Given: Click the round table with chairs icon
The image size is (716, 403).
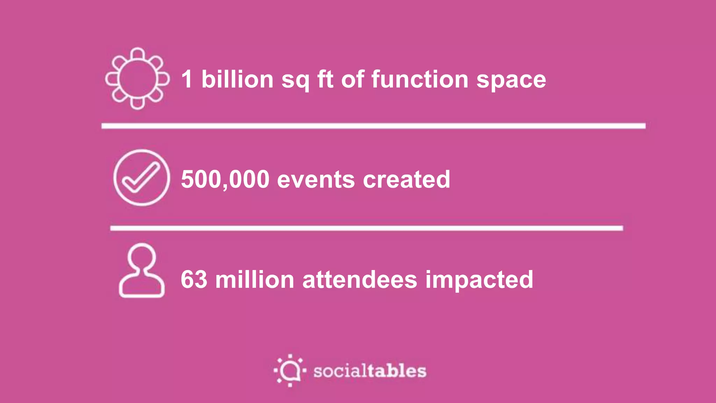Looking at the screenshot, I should point(137,79).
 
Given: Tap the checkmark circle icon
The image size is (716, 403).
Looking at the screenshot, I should point(142,178).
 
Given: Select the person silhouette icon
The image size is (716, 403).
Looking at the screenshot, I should point(142,271).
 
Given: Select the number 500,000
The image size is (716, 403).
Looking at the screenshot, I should point(225,179).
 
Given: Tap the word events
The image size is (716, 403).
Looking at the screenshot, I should point(316,180).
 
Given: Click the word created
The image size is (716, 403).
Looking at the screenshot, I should point(407,179).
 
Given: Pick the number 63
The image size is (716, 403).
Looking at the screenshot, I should point(194,280).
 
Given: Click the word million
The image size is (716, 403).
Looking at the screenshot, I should point(255,280).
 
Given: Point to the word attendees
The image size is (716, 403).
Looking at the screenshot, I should point(360,280).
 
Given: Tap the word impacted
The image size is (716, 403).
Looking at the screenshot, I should point(479,280).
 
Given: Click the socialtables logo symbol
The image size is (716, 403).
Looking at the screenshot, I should point(290,370).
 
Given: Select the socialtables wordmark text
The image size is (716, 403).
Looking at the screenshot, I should point(370,371).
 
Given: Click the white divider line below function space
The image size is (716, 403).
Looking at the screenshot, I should point(373,126).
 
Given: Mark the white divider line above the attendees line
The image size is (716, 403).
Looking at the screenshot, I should point(366,228).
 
